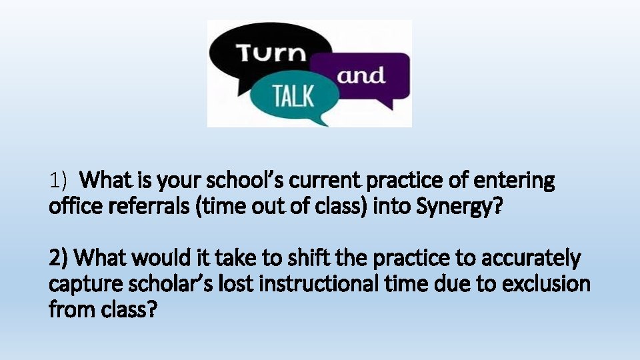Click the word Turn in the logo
[269, 53]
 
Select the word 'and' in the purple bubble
[361, 75]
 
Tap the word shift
[300, 257]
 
